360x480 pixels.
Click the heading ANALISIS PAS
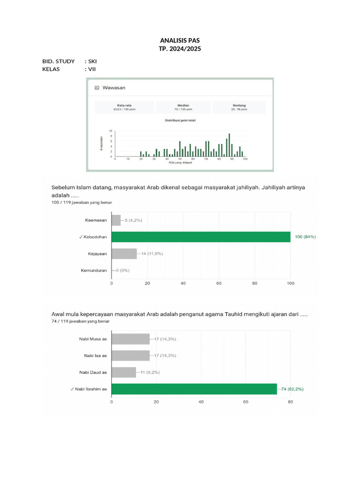click(180, 41)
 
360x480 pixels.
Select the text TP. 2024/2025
click(180, 49)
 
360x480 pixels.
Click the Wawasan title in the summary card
click(114, 88)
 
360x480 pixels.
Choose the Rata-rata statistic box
click(124, 107)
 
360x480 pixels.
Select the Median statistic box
click(184, 107)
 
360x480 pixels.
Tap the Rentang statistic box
click(239, 107)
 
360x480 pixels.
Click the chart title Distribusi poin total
click(180, 120)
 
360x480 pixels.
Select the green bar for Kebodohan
click(201, 237)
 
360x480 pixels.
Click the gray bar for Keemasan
click(116, 220)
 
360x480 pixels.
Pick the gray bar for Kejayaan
click(124, 254)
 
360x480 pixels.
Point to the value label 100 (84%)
click(305, 237)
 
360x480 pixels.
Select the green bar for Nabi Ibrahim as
click(194, 389)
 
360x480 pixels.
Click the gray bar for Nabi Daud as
click(124, 372)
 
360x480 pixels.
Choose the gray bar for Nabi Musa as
click(130, 339)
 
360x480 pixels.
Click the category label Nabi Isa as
click(96, 356)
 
